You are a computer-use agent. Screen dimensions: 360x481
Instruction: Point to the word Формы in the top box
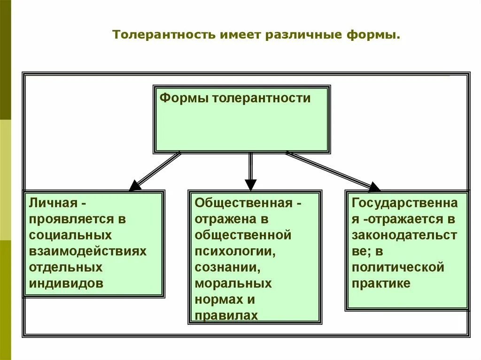(x=184, y=98)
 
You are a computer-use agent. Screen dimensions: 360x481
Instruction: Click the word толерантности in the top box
(x=261, y=98)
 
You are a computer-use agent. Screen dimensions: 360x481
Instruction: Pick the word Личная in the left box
(x=52, y=203)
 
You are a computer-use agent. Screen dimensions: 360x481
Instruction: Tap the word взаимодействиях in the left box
(x=88, y=251)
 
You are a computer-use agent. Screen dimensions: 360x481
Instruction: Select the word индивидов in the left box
(x=66, y=283)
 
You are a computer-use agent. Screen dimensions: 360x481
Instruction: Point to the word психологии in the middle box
(x=234, y=251)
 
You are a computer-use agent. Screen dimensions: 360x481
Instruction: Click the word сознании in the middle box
(x=228, y=268)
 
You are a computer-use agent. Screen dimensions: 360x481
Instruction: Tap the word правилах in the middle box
(x=226, y=315)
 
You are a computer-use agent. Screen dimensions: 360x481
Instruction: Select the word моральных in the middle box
(x=233, y=283)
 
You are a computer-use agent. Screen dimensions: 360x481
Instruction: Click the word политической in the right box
(x=398, y=268)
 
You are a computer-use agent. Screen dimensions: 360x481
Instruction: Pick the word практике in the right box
(x=381, y=283)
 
